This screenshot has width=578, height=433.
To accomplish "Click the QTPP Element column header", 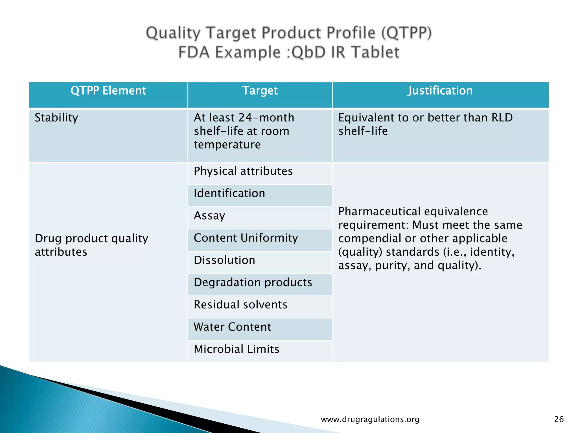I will point(108,91).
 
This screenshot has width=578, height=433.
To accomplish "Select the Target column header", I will point(260,91).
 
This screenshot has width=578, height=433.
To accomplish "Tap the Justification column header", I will point(440,91).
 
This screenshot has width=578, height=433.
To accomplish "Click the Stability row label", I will point(56,118).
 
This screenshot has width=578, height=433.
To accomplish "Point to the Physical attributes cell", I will point(243,171).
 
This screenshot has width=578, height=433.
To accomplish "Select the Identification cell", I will point(229,193).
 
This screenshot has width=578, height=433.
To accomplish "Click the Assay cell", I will point(209,216).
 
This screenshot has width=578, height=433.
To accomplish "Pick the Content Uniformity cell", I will point(246,238).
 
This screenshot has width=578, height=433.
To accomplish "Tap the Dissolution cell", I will point(224,260).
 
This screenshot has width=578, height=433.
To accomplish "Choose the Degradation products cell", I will point(253,282).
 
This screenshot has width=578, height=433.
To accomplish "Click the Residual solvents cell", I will point(240,305).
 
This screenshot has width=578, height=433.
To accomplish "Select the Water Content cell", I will point(232,327).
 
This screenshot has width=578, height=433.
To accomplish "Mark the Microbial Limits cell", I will point(237,349).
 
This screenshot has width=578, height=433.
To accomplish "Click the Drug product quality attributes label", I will point(91,245).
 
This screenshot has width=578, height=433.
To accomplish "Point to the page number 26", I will point(559,419).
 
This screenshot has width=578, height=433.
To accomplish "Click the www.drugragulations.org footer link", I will point(370,419).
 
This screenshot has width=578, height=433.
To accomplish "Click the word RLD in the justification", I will point(502,118).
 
